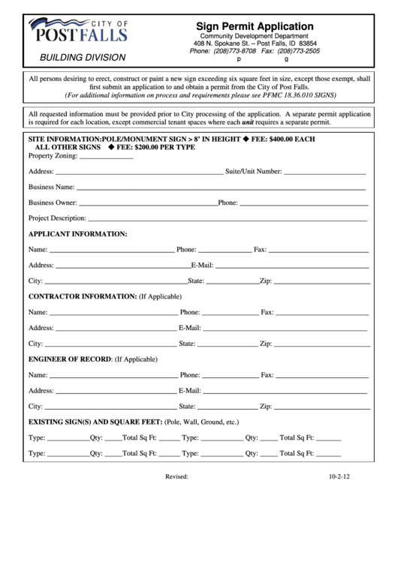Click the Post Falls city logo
77,31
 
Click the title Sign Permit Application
255,26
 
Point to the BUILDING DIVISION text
83,57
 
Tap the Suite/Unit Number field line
324,173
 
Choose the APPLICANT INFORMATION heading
78,234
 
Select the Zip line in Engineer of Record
320,407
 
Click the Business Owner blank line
147,204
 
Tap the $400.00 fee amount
282,140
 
